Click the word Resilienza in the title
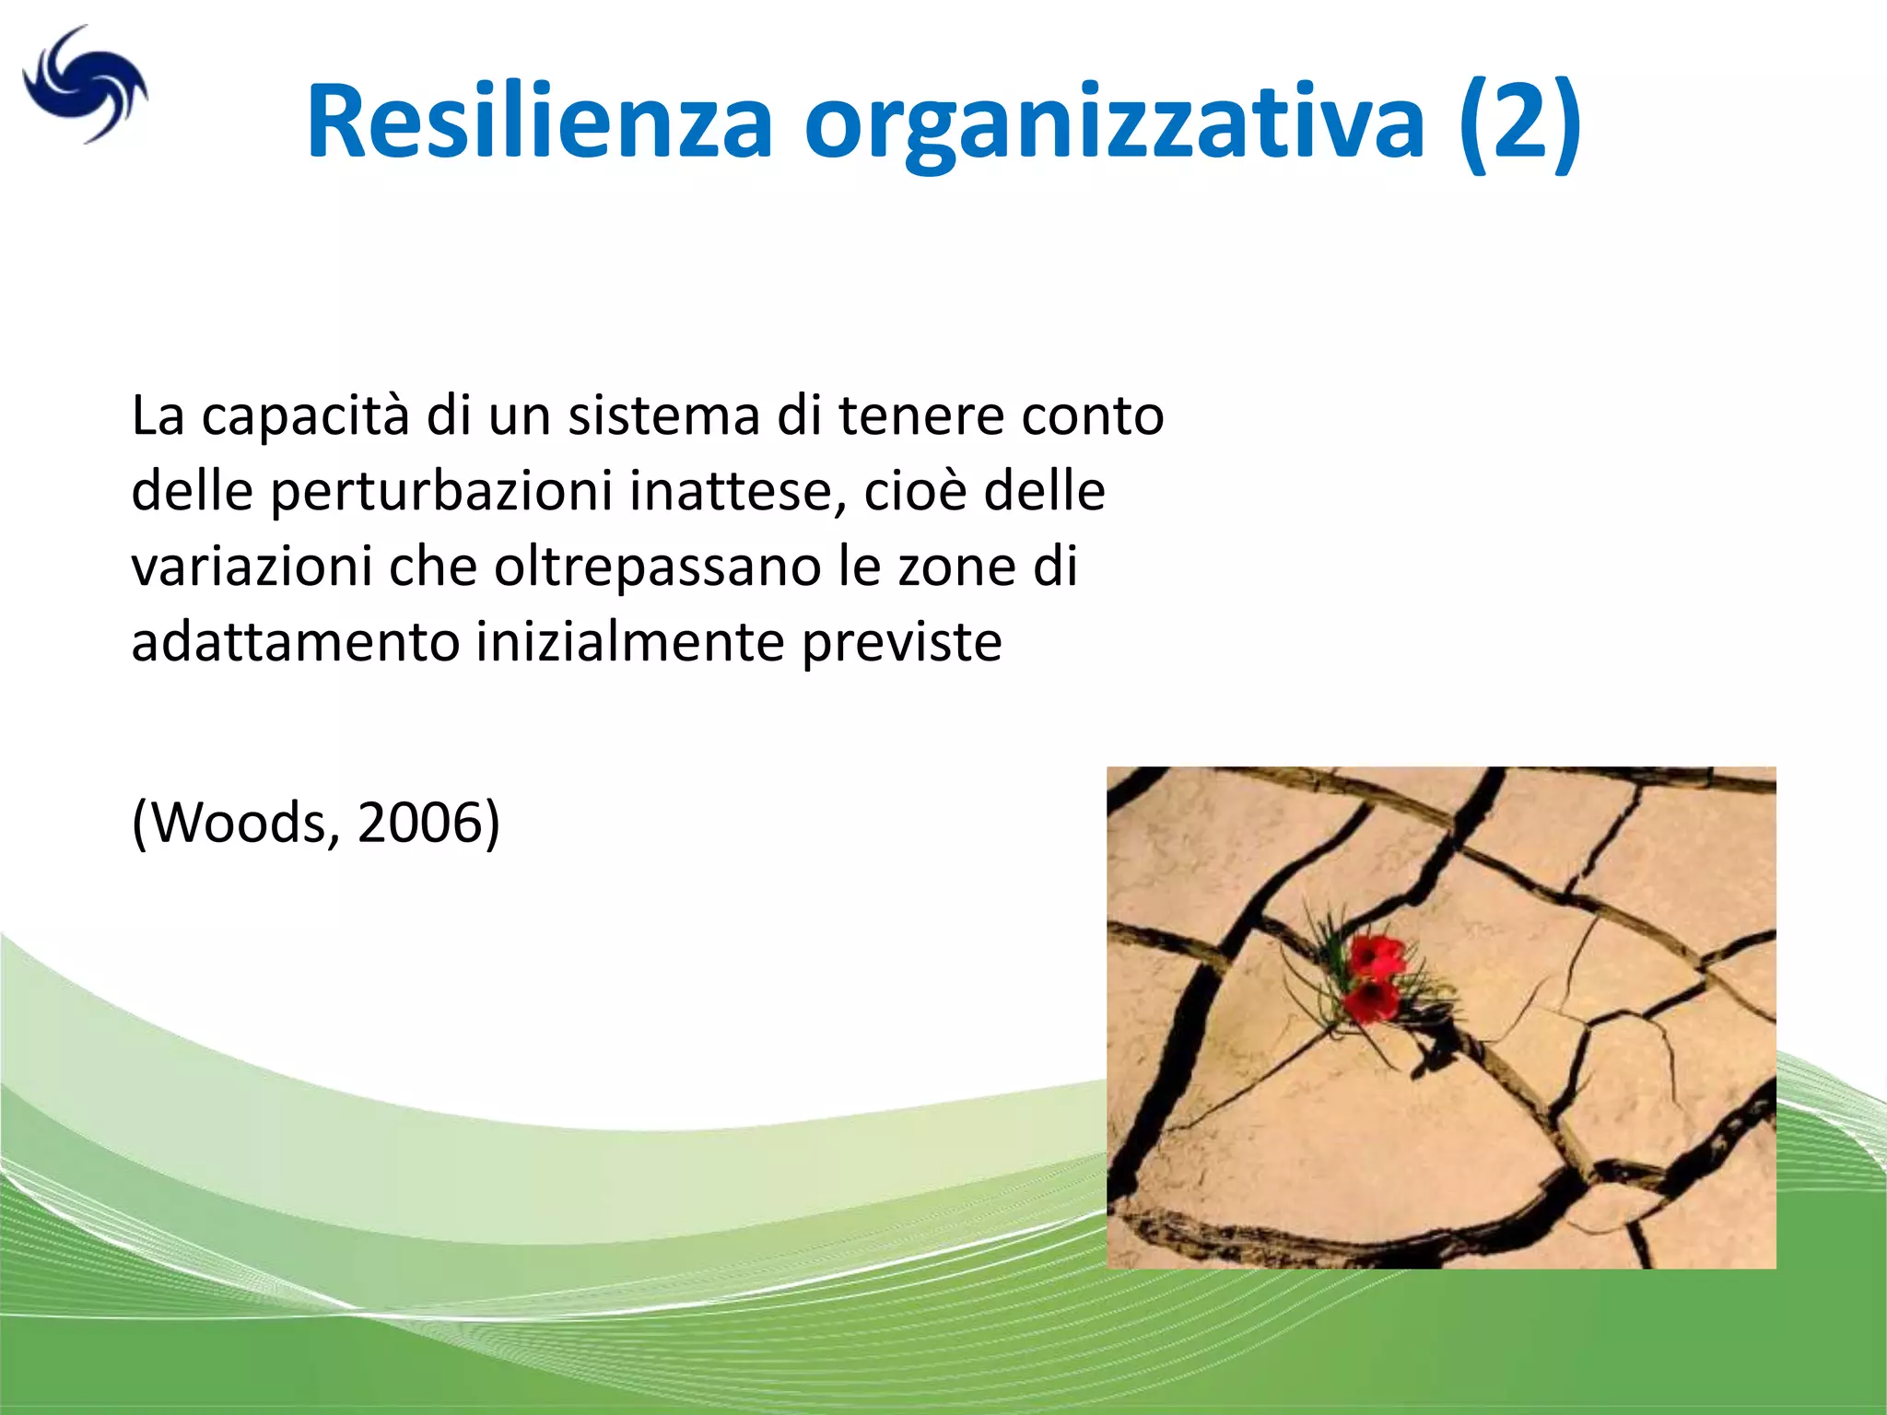[539, 123]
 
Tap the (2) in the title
[1520, 123]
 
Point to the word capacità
[305, 417]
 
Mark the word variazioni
[252, 567]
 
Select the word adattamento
[295, 642]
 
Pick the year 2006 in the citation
[419, 823]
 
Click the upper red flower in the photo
[1377, 955]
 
